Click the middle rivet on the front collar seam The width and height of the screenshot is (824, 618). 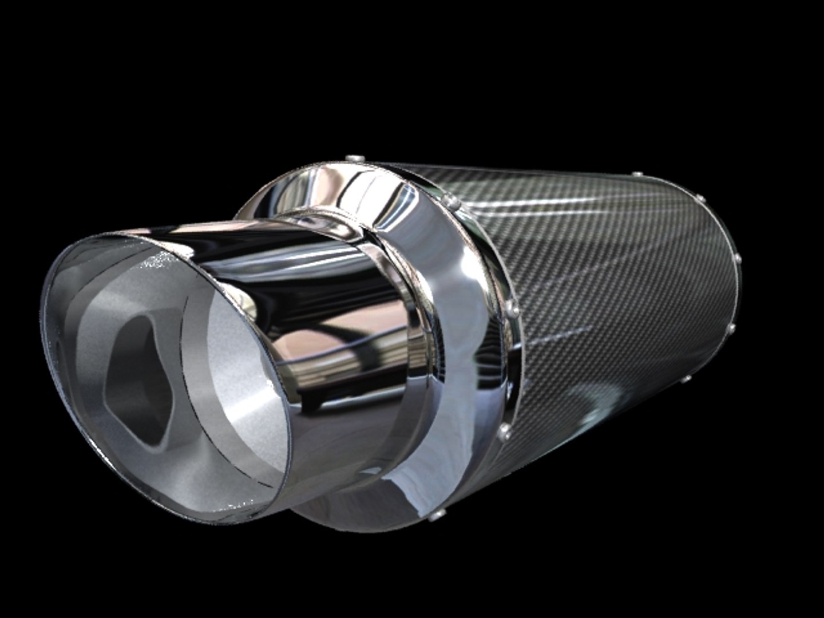pos(513,310)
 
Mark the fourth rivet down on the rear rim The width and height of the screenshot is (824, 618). pos(731,328)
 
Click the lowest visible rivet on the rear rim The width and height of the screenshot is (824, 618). pos(687,378)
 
